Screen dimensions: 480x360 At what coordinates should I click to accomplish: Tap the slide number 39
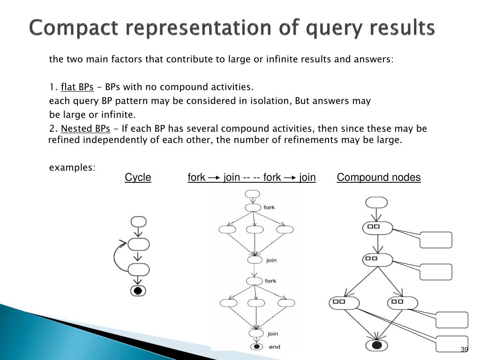(465, 350)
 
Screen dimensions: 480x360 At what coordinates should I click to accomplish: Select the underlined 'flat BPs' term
(78, 87)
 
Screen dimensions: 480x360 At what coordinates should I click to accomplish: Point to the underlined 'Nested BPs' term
(86, 129)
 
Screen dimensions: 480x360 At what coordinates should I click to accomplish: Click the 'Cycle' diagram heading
(138, 177)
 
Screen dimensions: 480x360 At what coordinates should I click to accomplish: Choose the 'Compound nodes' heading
(379, 177)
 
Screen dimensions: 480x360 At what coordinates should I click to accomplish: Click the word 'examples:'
(72, 167)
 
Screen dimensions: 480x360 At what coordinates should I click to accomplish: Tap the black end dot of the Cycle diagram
(138, 291)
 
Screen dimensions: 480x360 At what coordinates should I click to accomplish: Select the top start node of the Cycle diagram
(139, 222)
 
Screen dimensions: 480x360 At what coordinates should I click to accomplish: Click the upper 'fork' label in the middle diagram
(270, 207)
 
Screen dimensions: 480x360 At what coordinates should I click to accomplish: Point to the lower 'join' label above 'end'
(271, 334)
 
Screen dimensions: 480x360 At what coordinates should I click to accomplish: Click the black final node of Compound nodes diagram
(376, 346)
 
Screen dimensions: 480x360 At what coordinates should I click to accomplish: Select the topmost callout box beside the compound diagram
(436, 240)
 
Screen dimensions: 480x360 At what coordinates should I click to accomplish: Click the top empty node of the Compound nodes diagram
(376, 202)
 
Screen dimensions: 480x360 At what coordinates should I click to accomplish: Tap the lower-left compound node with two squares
(345, 303)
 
